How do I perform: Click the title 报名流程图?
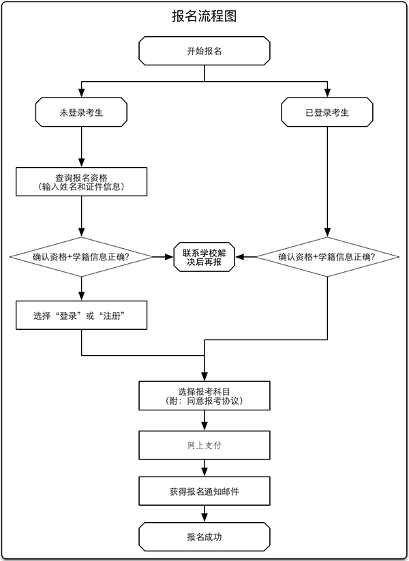(x=204, y=16)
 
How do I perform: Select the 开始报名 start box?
(x=204, y=52)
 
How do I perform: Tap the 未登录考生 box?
(x=81, y=112)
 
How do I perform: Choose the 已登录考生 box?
(x=327, y=112)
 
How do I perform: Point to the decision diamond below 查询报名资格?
(x=81, y=257)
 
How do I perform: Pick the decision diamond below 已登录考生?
(x=327, y=257)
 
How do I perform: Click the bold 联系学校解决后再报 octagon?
(x=204, y=257)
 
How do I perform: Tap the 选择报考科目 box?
(x=204, y=396)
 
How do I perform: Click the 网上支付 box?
(x=204, y=445)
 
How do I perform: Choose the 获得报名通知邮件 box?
(x=204, y=491)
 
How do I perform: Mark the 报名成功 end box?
(x=204, y=537)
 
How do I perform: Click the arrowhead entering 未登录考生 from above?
(x=81, y=94)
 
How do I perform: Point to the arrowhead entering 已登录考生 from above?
(x=327, y=94)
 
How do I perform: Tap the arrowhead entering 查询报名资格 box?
(x=81, y=163)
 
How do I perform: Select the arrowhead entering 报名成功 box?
(x=204, y=519)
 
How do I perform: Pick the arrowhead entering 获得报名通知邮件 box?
(x=204, y=472)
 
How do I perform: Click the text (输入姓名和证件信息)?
(x=81, y=187)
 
